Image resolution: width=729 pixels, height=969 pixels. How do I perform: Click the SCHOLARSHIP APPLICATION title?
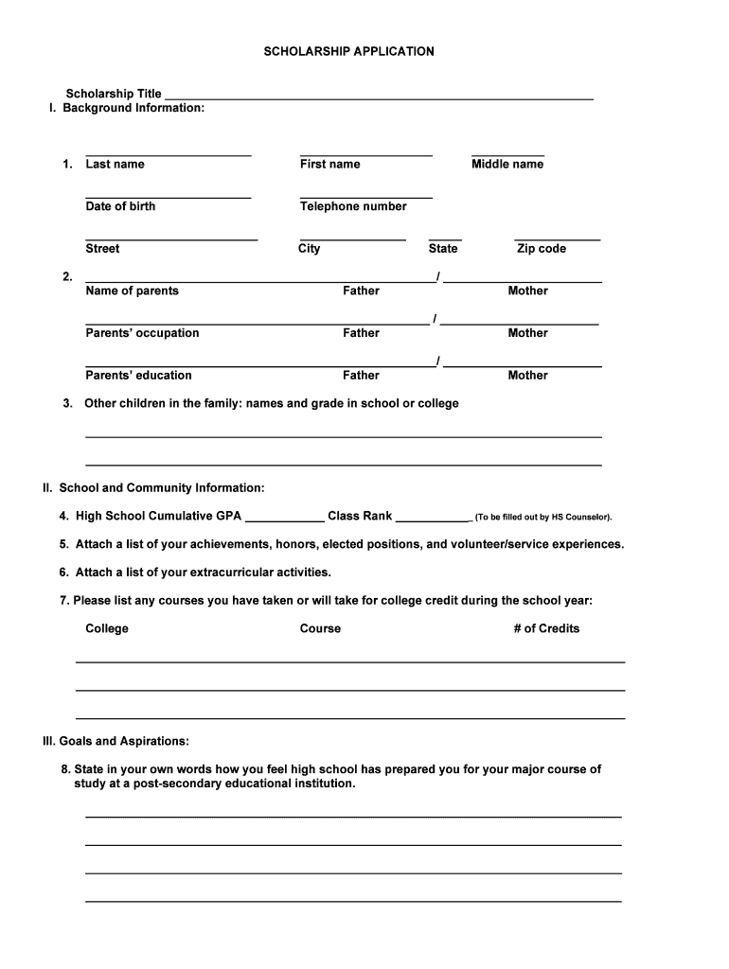(x=348, y=51)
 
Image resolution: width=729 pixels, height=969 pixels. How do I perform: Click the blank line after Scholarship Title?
(x=379, y=97)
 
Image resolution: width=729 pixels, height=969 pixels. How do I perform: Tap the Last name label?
(x=115, y=164)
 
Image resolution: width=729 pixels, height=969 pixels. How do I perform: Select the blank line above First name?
(x=365, y=154)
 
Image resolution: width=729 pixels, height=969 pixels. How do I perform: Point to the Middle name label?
(x=507, y=164)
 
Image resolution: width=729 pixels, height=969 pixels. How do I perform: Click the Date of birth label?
(x=120, y=206)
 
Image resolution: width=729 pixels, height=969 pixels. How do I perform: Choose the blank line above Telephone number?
(x=365, y=197)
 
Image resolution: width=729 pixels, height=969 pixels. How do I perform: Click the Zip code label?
(x=541, y=248)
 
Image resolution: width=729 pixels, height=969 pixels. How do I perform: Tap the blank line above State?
(x=445, y=239)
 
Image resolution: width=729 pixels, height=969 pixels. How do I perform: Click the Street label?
(x=102, y=248)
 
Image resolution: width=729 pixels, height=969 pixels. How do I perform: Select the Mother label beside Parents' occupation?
(x=527, y=333)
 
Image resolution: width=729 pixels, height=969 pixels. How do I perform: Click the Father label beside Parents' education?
(x=361, y=376)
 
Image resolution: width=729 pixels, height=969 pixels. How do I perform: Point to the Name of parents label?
(x=132, y=291)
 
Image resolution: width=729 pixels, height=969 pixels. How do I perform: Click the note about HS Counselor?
(x=543, y=518)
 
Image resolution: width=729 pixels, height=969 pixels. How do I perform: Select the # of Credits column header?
(x=546, y=628)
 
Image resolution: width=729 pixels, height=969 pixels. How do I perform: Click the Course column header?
(x=320, y=628)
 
